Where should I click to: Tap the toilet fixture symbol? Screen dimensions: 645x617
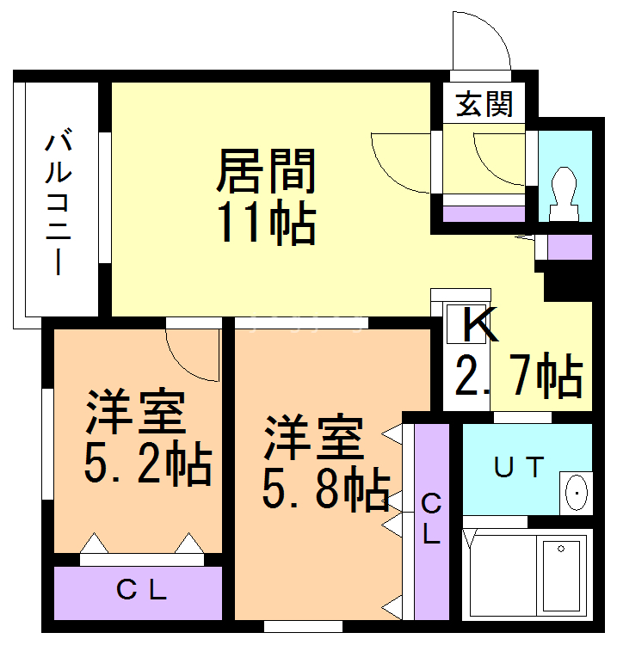click(x=565, y=189)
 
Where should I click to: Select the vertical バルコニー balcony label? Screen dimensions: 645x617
click(x=59, y=202)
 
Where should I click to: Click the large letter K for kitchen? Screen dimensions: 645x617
click(x=478, y=326)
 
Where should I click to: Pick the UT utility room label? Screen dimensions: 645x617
click(x=519, y=468)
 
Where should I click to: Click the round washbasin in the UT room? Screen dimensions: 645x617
click(x=575, y=493)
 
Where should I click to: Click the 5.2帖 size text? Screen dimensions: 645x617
click(x=147, y=464)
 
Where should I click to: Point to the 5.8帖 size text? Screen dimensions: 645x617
click(x=325, y=490)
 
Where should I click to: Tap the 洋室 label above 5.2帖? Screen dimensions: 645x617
click(x=135, y=414)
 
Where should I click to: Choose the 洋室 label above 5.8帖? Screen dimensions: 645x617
click(x=312, y=439)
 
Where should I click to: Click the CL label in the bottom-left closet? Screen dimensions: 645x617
click(x=141, y=591)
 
